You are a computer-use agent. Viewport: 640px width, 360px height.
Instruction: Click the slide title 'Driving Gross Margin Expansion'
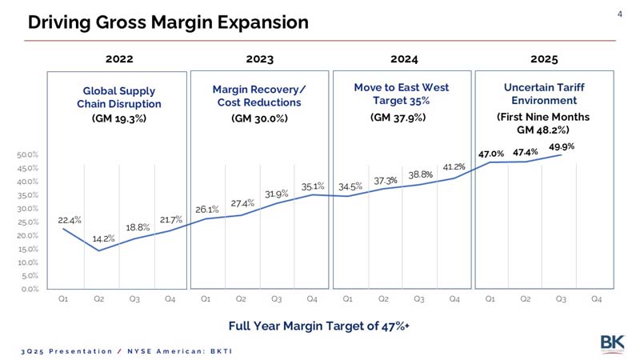pos(168,22)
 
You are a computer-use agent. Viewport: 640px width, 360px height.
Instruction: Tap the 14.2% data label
pos(103,238)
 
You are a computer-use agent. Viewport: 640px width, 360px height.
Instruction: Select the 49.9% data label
pos(562,146)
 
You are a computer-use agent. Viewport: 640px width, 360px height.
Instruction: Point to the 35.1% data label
pos(313,186)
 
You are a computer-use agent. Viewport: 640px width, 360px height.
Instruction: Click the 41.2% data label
pos(454,166)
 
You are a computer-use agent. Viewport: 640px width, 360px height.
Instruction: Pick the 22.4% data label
pos(70,221)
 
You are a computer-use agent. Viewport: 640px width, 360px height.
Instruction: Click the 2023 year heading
pos(259,59)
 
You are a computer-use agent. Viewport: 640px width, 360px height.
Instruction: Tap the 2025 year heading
pos(544,59)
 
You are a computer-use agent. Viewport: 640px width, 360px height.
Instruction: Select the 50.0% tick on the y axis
pos(27,154)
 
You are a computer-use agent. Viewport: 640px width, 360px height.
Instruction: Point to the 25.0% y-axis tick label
pos(27,222)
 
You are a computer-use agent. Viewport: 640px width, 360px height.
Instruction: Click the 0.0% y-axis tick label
pos(29,290)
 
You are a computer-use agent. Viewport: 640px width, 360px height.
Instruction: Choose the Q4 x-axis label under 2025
pos(596,299)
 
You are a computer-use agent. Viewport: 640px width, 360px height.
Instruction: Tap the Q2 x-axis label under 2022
pos(98,299)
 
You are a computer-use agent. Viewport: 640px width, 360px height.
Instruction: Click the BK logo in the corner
pos(612,343)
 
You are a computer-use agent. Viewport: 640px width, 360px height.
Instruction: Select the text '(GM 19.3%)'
pos(118,118)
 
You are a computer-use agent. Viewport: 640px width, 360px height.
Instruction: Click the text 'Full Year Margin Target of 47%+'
pos(318,326)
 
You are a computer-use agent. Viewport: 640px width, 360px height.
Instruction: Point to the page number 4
pos(619,14)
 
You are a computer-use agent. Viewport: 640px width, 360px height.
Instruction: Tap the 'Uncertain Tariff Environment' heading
pos(544,94)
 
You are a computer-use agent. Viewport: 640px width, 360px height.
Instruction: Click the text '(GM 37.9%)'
pos(398,118)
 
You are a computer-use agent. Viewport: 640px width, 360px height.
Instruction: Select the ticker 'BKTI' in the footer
pos(222,351)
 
